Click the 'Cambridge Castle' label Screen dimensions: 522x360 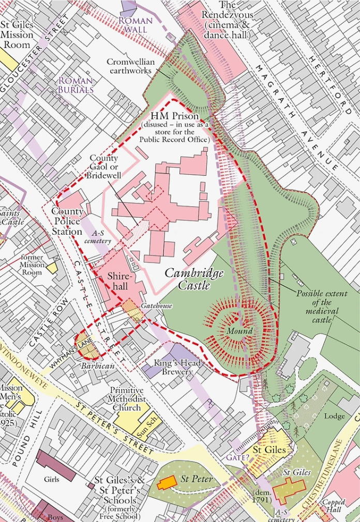[194, 279]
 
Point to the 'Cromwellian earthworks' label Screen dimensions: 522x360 [130, 66]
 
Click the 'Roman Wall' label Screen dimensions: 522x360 [136, 25]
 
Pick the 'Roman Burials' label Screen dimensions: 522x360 [76, 85]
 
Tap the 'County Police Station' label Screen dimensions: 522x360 [67, 222]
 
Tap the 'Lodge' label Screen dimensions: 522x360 [334, 416]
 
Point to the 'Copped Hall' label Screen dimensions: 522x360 [334, 506]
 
